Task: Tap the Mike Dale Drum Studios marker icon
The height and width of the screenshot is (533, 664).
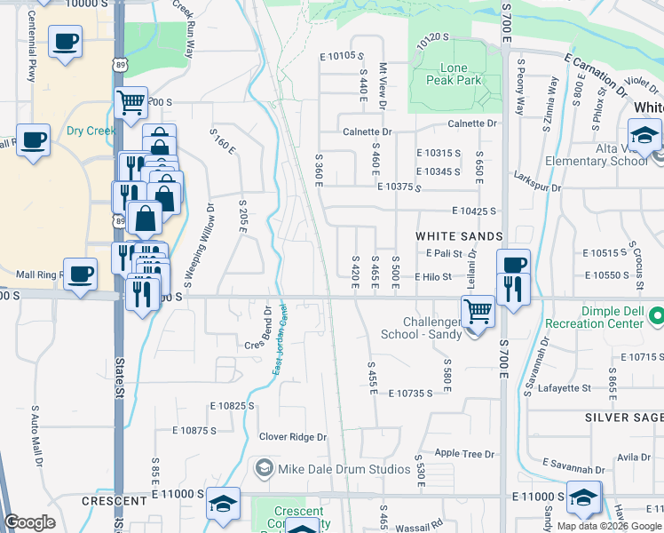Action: pyautogui.click(x=263, y=467)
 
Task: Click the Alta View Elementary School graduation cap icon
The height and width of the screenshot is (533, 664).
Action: pyautogui.click(x=644, y=135)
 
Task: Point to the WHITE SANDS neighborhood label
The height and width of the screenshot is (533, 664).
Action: pyautogui.click(x=460, y=236)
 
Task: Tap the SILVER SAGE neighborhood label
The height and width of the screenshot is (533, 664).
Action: pyautogui.click(x=623, y=417)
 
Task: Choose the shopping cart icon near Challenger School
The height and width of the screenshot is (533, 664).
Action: pyautogui.click(x=478, y=311)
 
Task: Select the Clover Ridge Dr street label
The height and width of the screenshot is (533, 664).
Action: pyautogui.click(x=293, y=437)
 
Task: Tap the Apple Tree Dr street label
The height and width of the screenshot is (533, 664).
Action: pyautogui.click(x=464, y=454)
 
